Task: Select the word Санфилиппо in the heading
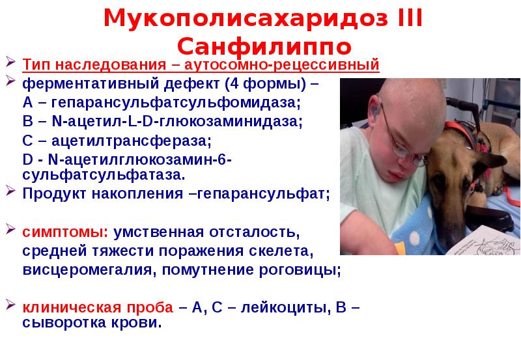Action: (x=264, y=47)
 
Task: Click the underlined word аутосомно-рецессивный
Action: (x=282, y=66)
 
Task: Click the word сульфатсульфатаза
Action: (x=104, y=175)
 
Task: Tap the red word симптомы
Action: (x=68, y=232)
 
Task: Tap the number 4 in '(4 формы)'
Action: (x=234, y=85)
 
